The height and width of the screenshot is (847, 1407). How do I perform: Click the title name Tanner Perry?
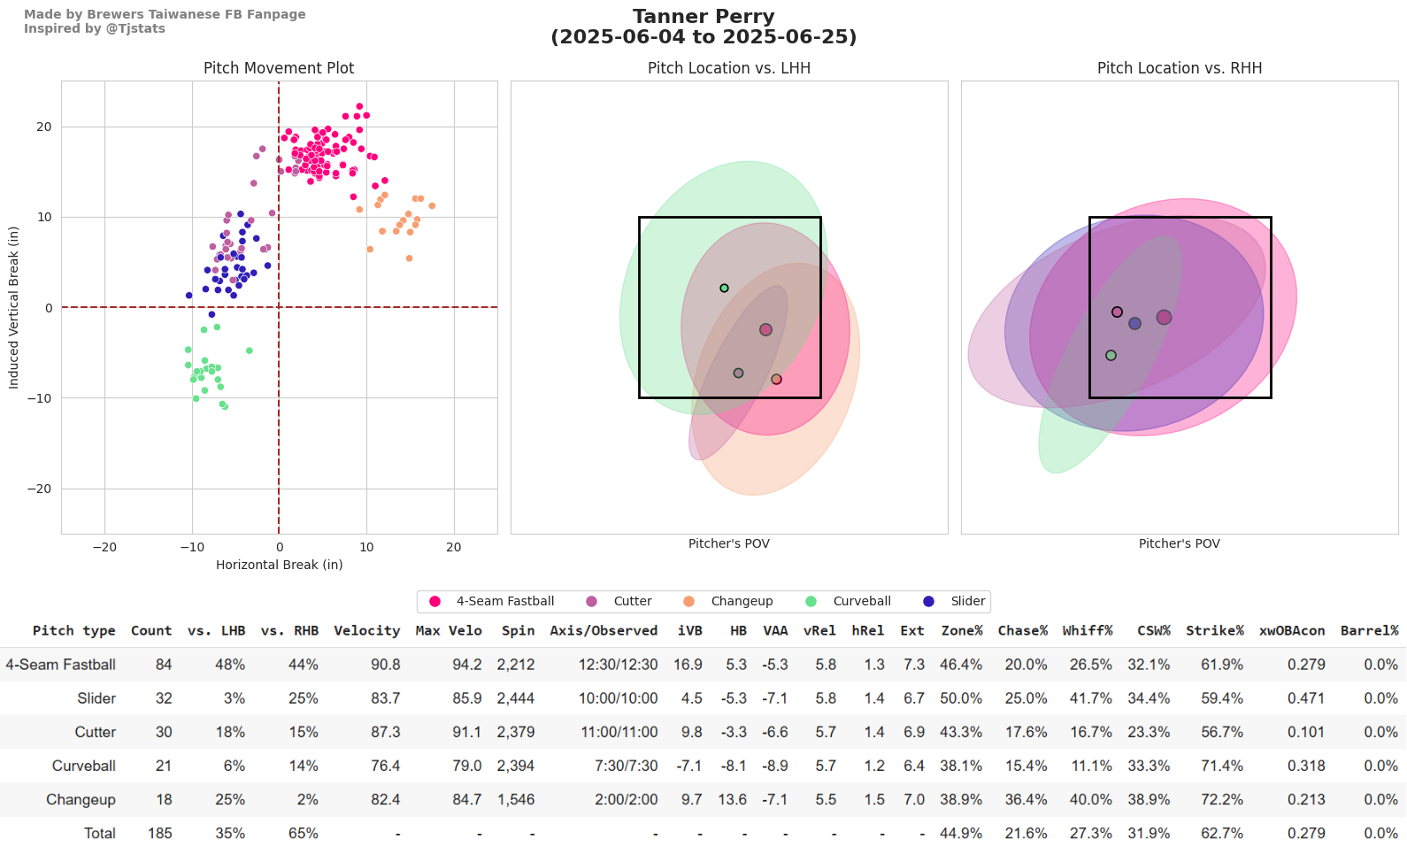[x=703, y=17]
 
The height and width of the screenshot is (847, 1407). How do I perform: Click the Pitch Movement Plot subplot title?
[x=279, y=68]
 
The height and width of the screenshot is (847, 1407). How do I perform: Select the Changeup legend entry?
[x=742, y=601]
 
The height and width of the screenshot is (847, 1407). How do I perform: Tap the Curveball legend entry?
[x=861, y=601]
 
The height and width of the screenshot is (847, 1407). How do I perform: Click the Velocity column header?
[x=366, y=630]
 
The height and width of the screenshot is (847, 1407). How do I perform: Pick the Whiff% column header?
[x=1088, y=630]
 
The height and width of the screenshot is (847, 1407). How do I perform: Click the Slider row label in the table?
[x=96, y=698]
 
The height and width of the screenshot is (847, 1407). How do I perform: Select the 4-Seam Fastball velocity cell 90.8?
[x=385, y=665]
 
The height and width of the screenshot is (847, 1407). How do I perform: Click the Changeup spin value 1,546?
[x=515, y=799]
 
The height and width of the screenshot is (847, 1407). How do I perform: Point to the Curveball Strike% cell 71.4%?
[x=1222, y=766]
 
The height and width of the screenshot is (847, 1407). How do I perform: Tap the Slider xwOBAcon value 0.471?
[x=1306, y=698]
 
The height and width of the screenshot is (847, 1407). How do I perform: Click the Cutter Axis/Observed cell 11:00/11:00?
[x=619, y=732]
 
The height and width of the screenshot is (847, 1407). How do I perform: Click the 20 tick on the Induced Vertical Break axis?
[x=44, y=127]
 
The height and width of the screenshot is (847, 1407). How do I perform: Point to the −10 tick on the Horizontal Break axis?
[x=192, y=547]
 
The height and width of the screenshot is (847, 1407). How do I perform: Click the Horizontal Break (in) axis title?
[x=279, y=565]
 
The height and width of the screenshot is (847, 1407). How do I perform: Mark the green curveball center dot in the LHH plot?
[x=724, y=289]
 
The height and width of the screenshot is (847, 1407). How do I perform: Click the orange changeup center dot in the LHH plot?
[x=776, y=380]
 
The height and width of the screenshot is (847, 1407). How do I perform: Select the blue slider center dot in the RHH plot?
[x=1134, y=324]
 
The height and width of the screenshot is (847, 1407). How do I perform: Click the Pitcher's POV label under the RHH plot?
[x=1179, y=543]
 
